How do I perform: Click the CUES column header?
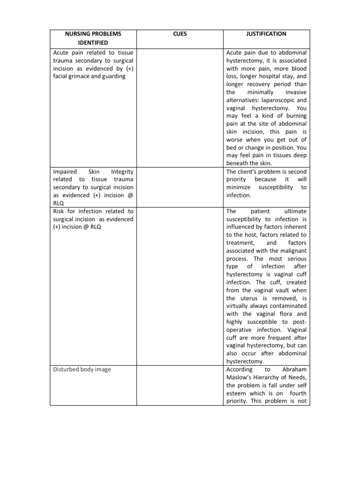(181, 34)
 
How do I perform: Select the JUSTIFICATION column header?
(266, 34)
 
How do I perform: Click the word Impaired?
(65, 172)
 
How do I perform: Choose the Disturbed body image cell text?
(82, 369)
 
